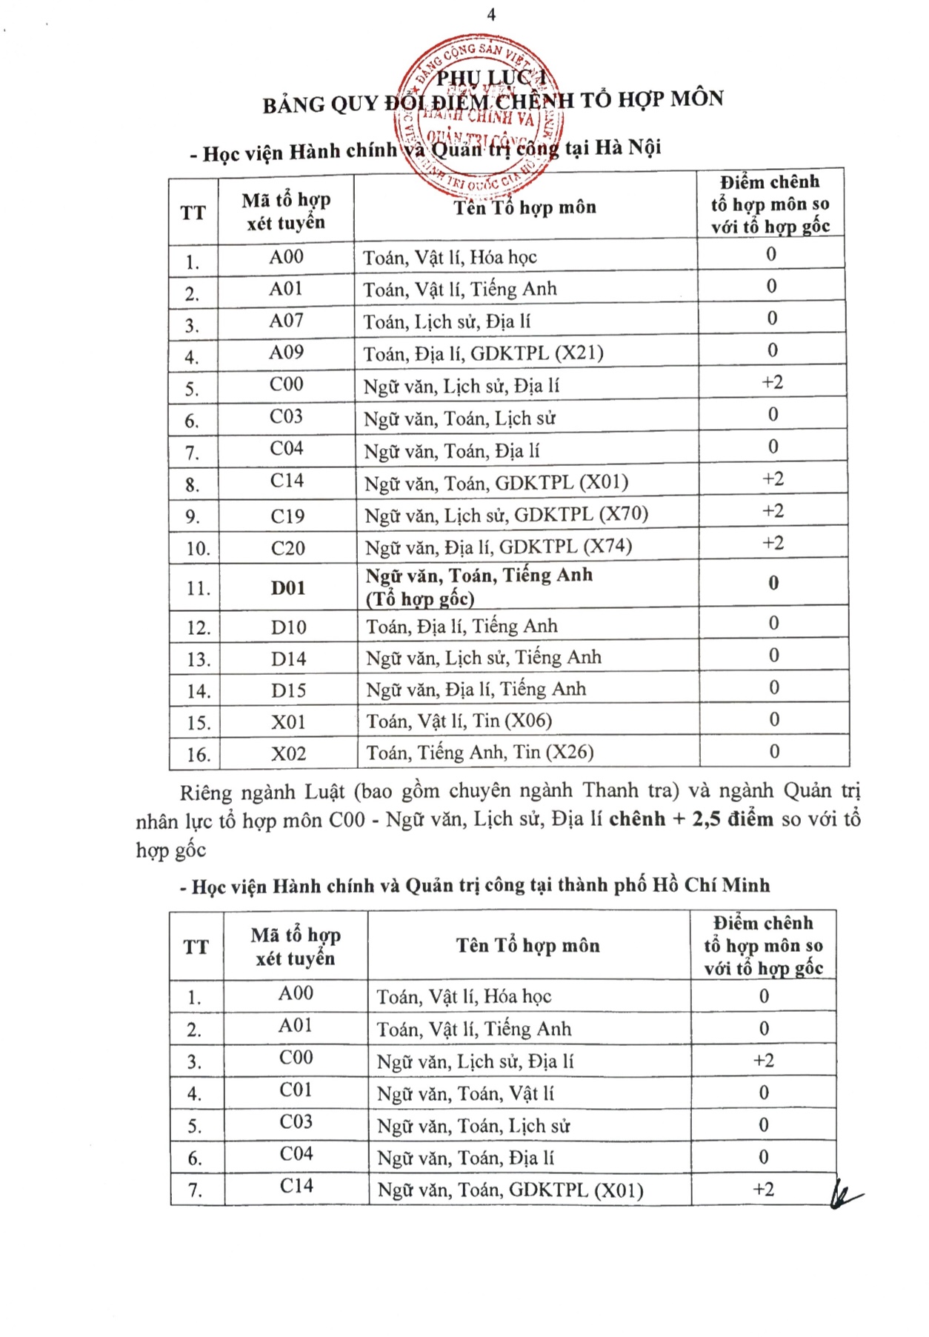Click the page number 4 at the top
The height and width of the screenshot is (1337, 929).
491,15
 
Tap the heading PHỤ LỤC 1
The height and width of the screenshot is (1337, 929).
491,77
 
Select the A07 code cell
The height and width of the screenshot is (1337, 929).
286,321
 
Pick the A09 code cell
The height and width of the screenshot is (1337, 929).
286,353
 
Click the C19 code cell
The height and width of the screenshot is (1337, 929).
287,516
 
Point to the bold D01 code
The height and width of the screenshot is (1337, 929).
288,588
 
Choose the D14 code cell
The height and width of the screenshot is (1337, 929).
288,659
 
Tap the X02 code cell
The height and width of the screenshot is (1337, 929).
288,754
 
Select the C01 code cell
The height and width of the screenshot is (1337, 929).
296,1090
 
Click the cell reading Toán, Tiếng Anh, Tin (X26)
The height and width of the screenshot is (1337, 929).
480,753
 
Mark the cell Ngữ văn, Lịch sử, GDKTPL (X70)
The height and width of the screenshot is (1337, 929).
506,515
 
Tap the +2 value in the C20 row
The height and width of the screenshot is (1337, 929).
773,543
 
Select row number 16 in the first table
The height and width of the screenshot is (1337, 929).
198,755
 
